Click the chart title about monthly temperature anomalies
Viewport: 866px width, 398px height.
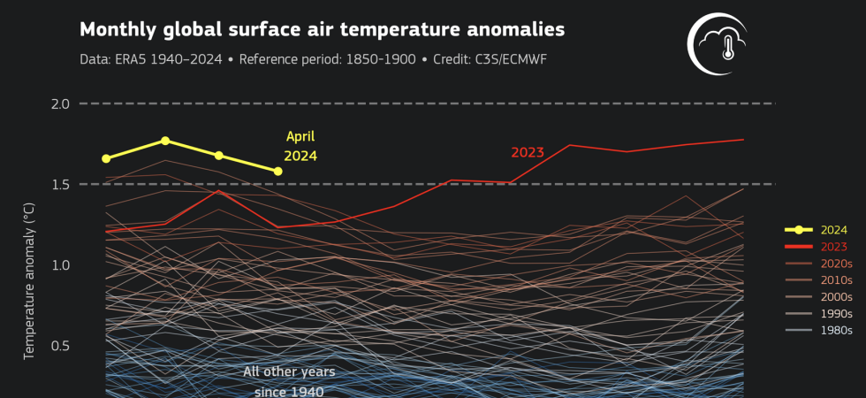(x=322, y=30)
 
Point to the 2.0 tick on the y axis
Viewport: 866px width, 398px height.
(x=60, y=103)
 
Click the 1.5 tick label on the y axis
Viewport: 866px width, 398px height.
(x=60, y=184)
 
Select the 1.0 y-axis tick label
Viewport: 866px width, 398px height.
(x=60, y=265)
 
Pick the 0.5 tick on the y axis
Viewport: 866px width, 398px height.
(x=60, y=346)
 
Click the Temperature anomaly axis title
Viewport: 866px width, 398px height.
(x=28, y=279)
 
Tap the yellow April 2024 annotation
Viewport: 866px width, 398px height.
(x=300, y=146)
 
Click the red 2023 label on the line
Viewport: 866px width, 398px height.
(x=527, y=152)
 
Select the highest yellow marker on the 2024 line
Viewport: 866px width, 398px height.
(x=165, y=141)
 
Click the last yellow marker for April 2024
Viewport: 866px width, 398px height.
(x=278, y=171)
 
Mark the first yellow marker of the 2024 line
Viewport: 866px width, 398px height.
(x=106, y=158)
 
